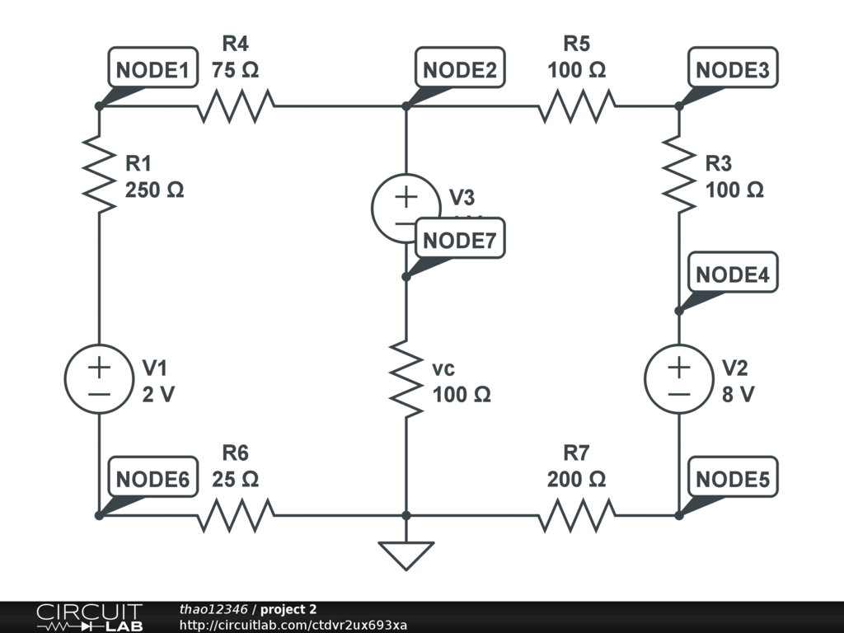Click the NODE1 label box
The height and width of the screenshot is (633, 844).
pos(152,70)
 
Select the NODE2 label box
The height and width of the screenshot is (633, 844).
pos(460,70)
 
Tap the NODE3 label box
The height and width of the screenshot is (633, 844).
pos(733,70)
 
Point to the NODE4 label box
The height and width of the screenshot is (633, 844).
pos(733,275)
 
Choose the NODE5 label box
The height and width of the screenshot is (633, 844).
pos(733,480)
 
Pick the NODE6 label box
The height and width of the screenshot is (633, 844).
pos(152,480)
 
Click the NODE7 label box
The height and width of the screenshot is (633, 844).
pos(460,240)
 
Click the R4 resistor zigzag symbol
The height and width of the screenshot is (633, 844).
pos(237,106)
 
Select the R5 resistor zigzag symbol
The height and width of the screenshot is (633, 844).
pos(577,106)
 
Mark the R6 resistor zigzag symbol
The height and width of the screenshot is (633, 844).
pos(237,516)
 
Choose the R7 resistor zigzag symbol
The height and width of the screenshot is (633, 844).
pos(577,516)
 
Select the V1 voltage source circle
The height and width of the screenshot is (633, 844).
pos(98,378)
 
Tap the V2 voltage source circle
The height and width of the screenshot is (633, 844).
pos(679,378)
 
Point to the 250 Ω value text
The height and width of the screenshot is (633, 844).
pos(155,190)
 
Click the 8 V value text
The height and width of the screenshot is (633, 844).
pos(738,394)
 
